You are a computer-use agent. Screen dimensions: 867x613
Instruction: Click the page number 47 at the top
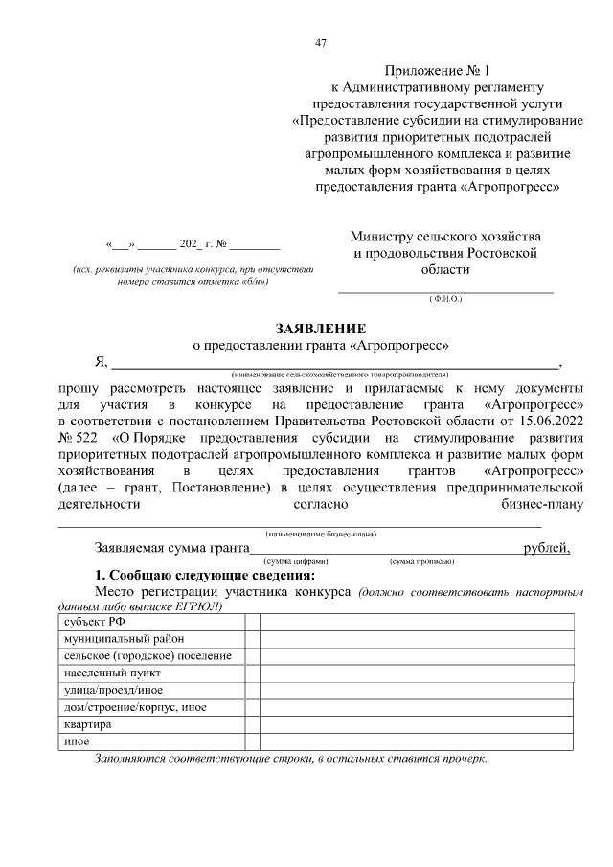321,42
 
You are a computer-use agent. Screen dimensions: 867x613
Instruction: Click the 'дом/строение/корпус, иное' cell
135,707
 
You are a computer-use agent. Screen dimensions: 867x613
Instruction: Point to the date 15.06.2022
549,420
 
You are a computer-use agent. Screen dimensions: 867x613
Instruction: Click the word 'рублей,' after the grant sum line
547,548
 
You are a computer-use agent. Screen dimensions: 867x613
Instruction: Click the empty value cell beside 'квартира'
417,724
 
